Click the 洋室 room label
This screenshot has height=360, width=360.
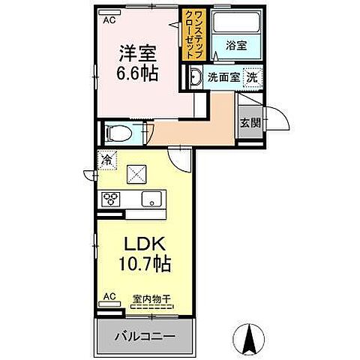136,54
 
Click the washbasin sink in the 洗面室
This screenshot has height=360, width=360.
194,77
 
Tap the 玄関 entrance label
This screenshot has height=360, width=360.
250,122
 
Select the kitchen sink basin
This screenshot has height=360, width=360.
151,199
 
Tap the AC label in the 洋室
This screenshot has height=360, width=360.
109,19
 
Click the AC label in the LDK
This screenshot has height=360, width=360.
109,297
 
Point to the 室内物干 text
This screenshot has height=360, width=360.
151,298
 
